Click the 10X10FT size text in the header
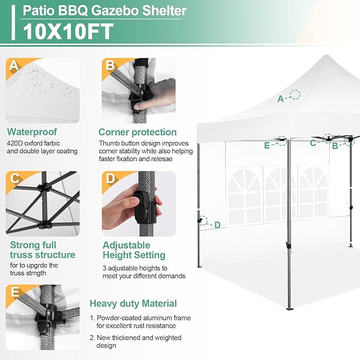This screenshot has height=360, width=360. [67, 31]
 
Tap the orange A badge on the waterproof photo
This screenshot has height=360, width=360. [14, 66]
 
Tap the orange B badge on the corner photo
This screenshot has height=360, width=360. [110, 66]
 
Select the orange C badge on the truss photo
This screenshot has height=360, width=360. [14, 179]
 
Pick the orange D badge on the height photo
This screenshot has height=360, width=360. [110, 179]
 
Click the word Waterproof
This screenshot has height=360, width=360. [32, 132]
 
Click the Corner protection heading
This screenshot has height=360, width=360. [137, 132]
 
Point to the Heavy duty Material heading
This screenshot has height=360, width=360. [133, 304]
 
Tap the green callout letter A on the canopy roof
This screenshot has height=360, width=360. [280, 98]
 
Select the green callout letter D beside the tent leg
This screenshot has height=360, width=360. [217, 225]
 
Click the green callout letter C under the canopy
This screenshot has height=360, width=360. [313, 143]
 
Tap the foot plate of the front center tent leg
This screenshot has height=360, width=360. [289, 308]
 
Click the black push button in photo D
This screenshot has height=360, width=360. [141, 205]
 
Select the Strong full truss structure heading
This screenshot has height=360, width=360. [42, 250]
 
